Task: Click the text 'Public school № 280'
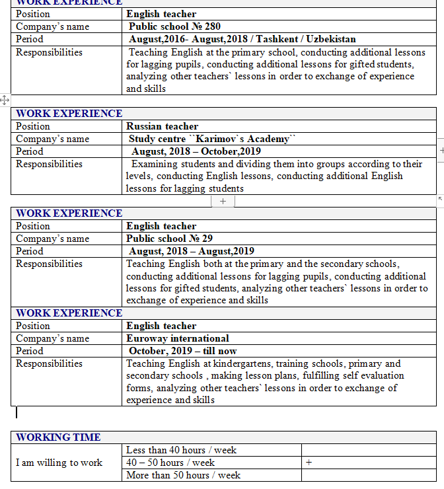pos(175,27)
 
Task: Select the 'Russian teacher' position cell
pos(162,126)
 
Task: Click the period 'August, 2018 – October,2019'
pos(196,151)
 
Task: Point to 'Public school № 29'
pos(169,239)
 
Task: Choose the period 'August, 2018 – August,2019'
pos(192,251)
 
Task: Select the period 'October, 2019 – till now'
pos(183,351)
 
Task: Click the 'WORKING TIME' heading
pos(58,437)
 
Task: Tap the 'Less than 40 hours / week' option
pos(181,450)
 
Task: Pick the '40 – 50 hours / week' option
pos(170,463)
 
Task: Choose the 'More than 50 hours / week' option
pos(183,475)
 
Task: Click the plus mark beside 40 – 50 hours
pos(309,463)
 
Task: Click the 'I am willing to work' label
pos(59,463)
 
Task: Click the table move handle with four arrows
pos(5,100)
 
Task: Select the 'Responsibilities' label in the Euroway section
pos(50,363)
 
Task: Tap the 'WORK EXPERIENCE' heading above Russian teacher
pos(69,114)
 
